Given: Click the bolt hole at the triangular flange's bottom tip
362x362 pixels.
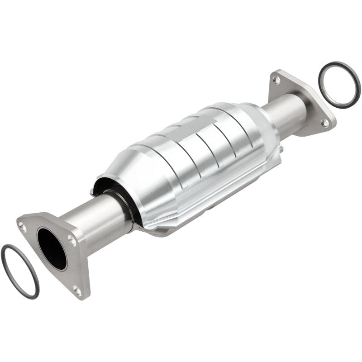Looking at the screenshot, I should click(77, 290).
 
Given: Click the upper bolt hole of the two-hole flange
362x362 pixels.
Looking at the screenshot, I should click(276, 80).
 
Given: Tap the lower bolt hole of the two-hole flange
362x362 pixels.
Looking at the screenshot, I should click(324, 122).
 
